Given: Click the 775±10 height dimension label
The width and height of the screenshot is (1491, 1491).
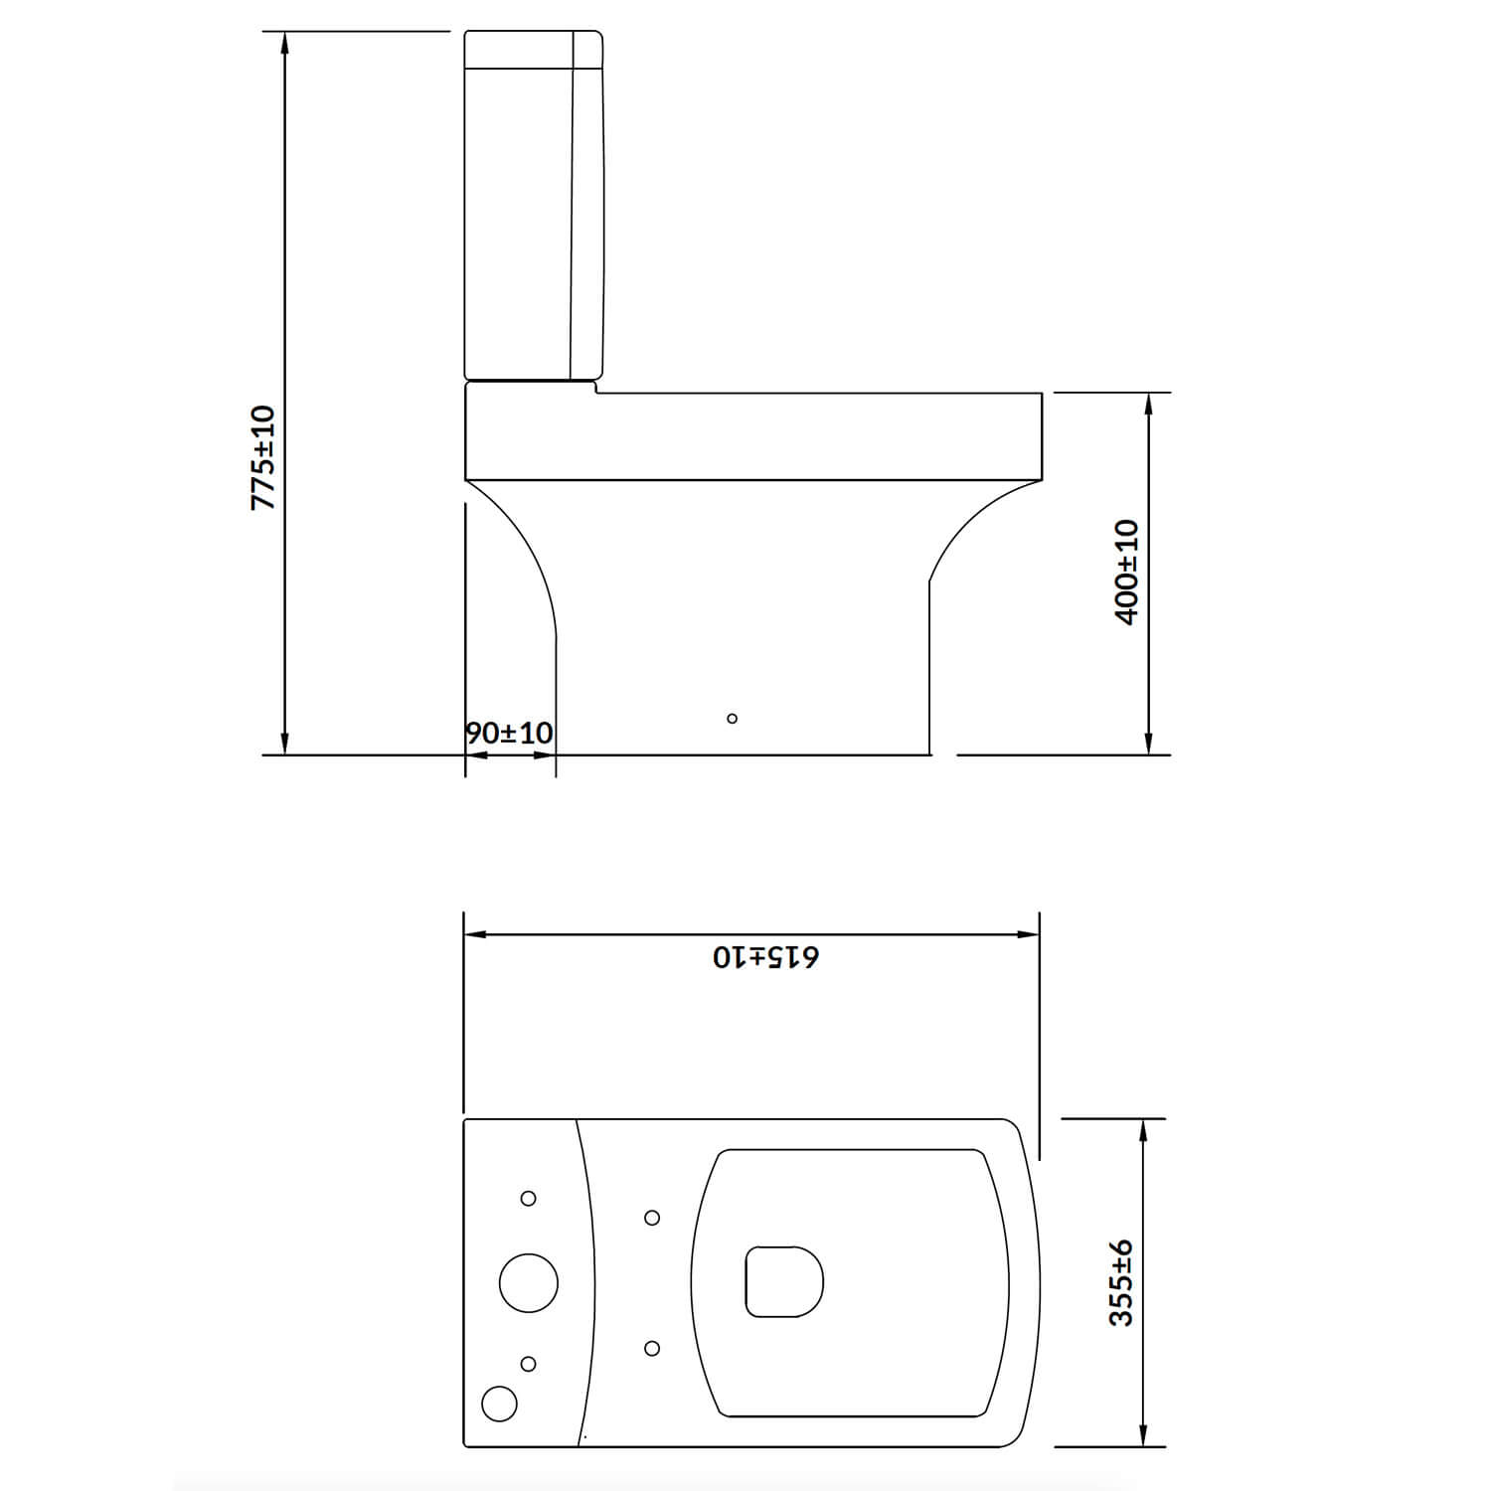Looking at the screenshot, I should [262, 458].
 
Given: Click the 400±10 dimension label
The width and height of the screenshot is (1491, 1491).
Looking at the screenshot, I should [1126, 572].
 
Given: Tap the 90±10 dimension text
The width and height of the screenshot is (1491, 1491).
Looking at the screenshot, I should [509, 734].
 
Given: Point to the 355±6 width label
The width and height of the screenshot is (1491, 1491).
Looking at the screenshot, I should [1121, 1282].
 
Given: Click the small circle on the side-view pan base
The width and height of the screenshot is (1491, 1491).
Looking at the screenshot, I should [733, 719].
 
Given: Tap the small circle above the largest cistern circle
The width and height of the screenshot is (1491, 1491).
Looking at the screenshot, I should [529, 1199].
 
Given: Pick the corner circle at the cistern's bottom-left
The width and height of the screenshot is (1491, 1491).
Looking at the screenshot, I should [499, 1404].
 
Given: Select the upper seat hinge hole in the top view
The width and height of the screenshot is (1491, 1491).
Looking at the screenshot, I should [653, 1218].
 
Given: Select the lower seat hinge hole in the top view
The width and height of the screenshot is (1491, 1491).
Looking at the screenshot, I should [653, 1348].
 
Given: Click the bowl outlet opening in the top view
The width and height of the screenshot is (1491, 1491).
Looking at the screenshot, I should [783, 1281].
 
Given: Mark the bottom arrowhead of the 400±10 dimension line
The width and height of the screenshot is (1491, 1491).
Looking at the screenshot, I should [1149, 745].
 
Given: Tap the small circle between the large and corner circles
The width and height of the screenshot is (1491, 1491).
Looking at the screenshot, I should [529, 1364].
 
